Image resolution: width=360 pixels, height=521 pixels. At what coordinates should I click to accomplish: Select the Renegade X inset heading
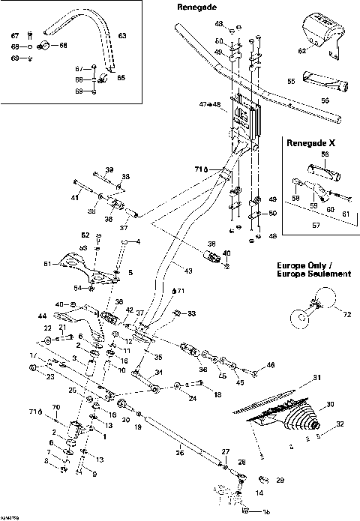point(309,141)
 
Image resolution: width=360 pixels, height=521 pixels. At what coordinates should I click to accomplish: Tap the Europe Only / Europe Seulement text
point(312,270)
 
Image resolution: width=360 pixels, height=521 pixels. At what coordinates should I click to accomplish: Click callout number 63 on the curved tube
point(122,35)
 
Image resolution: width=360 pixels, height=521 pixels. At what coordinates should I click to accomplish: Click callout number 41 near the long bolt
point(75,197)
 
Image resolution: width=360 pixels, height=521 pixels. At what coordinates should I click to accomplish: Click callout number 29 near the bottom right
point(280,479)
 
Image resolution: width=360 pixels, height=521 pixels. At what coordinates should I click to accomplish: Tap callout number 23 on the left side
point(49,378)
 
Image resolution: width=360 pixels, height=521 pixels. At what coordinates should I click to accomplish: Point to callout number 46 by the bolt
point(271,365)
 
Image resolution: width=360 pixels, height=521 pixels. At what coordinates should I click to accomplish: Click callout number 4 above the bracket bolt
point(137,241)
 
